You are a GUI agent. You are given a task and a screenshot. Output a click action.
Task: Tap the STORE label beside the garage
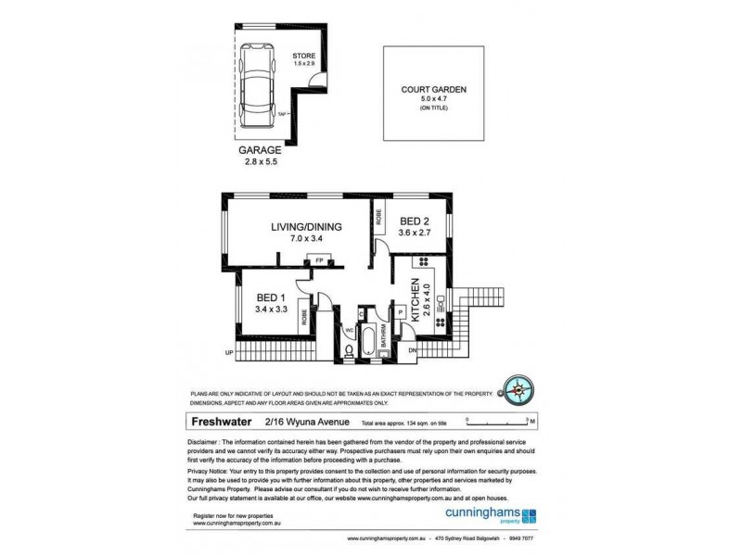pos(305,57)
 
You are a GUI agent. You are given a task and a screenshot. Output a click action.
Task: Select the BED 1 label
pos(270,297)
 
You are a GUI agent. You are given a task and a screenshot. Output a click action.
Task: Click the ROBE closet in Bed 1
pos(304,319)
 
